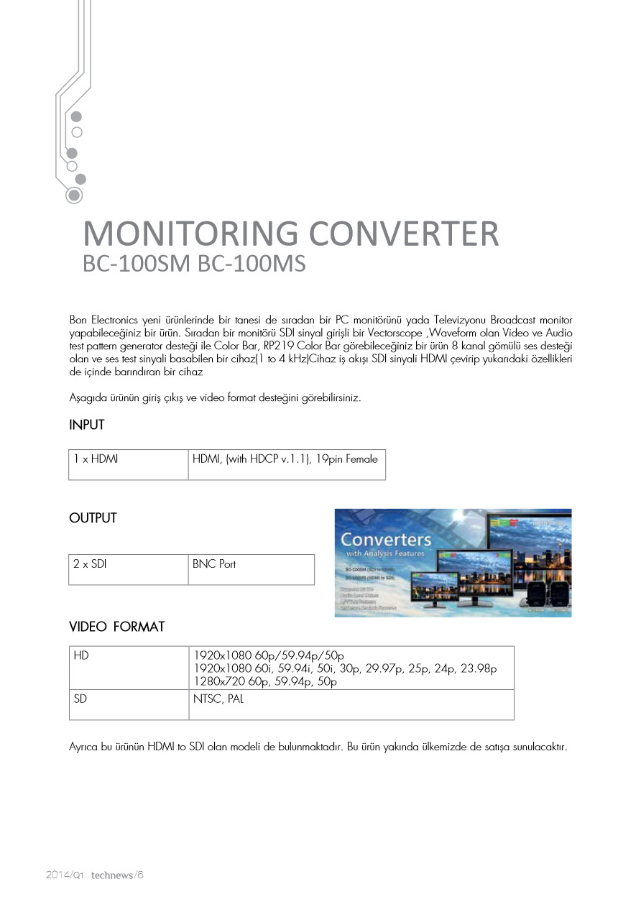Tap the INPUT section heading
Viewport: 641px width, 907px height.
tap(87, 425)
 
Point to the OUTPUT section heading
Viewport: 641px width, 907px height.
tap(93, 518)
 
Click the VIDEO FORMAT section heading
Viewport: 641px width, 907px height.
tap(116, 627)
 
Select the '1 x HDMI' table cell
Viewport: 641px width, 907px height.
tap(96, 459)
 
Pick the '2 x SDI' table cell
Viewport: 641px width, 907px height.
tap(90, 564)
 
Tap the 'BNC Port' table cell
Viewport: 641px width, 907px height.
tap(214, 564)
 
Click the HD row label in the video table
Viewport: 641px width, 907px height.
tap(80, 655)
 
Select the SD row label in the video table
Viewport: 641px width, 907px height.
tap(80, 699)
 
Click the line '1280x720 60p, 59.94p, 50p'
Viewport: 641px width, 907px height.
tap(266, 681)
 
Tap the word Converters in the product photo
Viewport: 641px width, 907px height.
tap(386, 539)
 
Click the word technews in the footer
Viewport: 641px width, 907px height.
tap(111, 875)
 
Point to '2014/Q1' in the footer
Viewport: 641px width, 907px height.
tap(65, 875)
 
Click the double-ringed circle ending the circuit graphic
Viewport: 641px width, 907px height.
tap(74, 195)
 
